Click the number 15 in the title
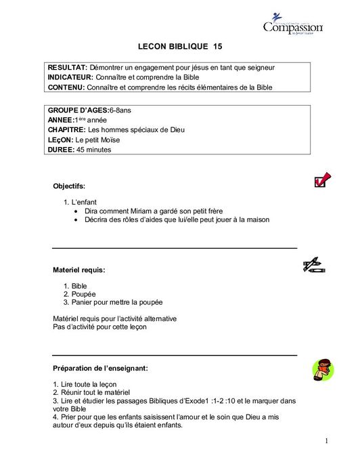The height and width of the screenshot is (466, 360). [217, 47]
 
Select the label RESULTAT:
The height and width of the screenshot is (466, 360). [68, 68]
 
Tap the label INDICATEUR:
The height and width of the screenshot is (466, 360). [71, 77]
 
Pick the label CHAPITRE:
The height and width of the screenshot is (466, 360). [67, 129]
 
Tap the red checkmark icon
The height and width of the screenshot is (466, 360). [322, 179]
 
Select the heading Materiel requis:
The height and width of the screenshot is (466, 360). [78, 270]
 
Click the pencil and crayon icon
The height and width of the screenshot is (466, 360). [314, 265]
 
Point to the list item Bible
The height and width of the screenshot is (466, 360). [79, 287]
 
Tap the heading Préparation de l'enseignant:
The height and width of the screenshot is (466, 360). [100, 368]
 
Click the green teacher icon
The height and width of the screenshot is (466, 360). [323, 370]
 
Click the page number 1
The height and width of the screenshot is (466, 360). [326, 441]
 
